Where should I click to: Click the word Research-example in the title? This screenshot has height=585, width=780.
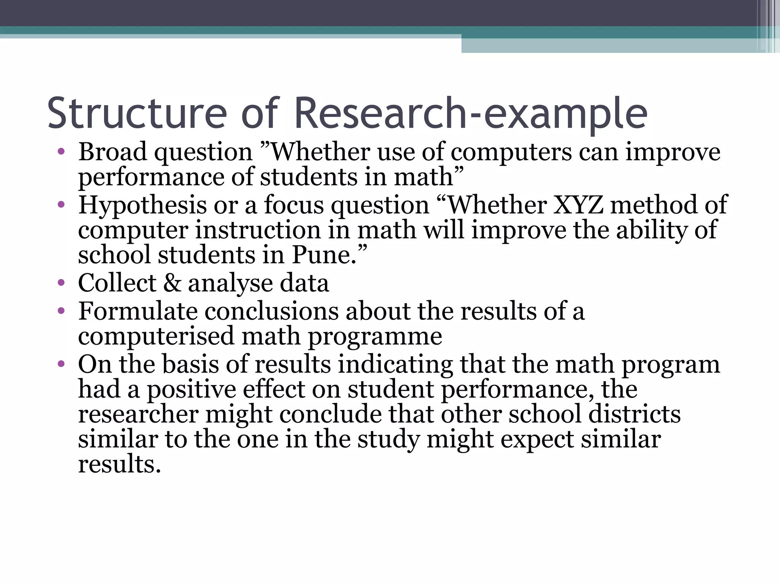(470, 113)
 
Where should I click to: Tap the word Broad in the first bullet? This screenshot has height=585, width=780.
(112, 152)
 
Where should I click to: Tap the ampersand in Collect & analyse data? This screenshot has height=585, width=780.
(172, 283)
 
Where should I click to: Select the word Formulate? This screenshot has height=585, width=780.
(138, 311)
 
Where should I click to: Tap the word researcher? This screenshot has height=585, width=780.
(138, 414)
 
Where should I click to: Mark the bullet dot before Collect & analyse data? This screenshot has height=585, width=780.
(61, 283)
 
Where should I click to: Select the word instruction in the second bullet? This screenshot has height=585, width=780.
(258, 230)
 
